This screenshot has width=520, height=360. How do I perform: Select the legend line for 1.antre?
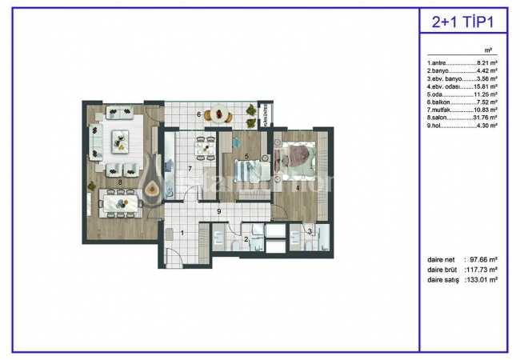point(462,62)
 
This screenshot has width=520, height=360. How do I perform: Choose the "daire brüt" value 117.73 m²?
point(483,270)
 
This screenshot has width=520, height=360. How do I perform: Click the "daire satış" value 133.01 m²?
point(483,280)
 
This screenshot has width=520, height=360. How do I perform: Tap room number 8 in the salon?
point(120,182)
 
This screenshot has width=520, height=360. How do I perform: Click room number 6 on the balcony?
point(199,114)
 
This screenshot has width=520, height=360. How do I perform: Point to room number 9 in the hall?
point(218,211)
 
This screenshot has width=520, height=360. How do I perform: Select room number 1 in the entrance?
point(182,233)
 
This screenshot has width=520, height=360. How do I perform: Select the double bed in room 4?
point(298,156)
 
